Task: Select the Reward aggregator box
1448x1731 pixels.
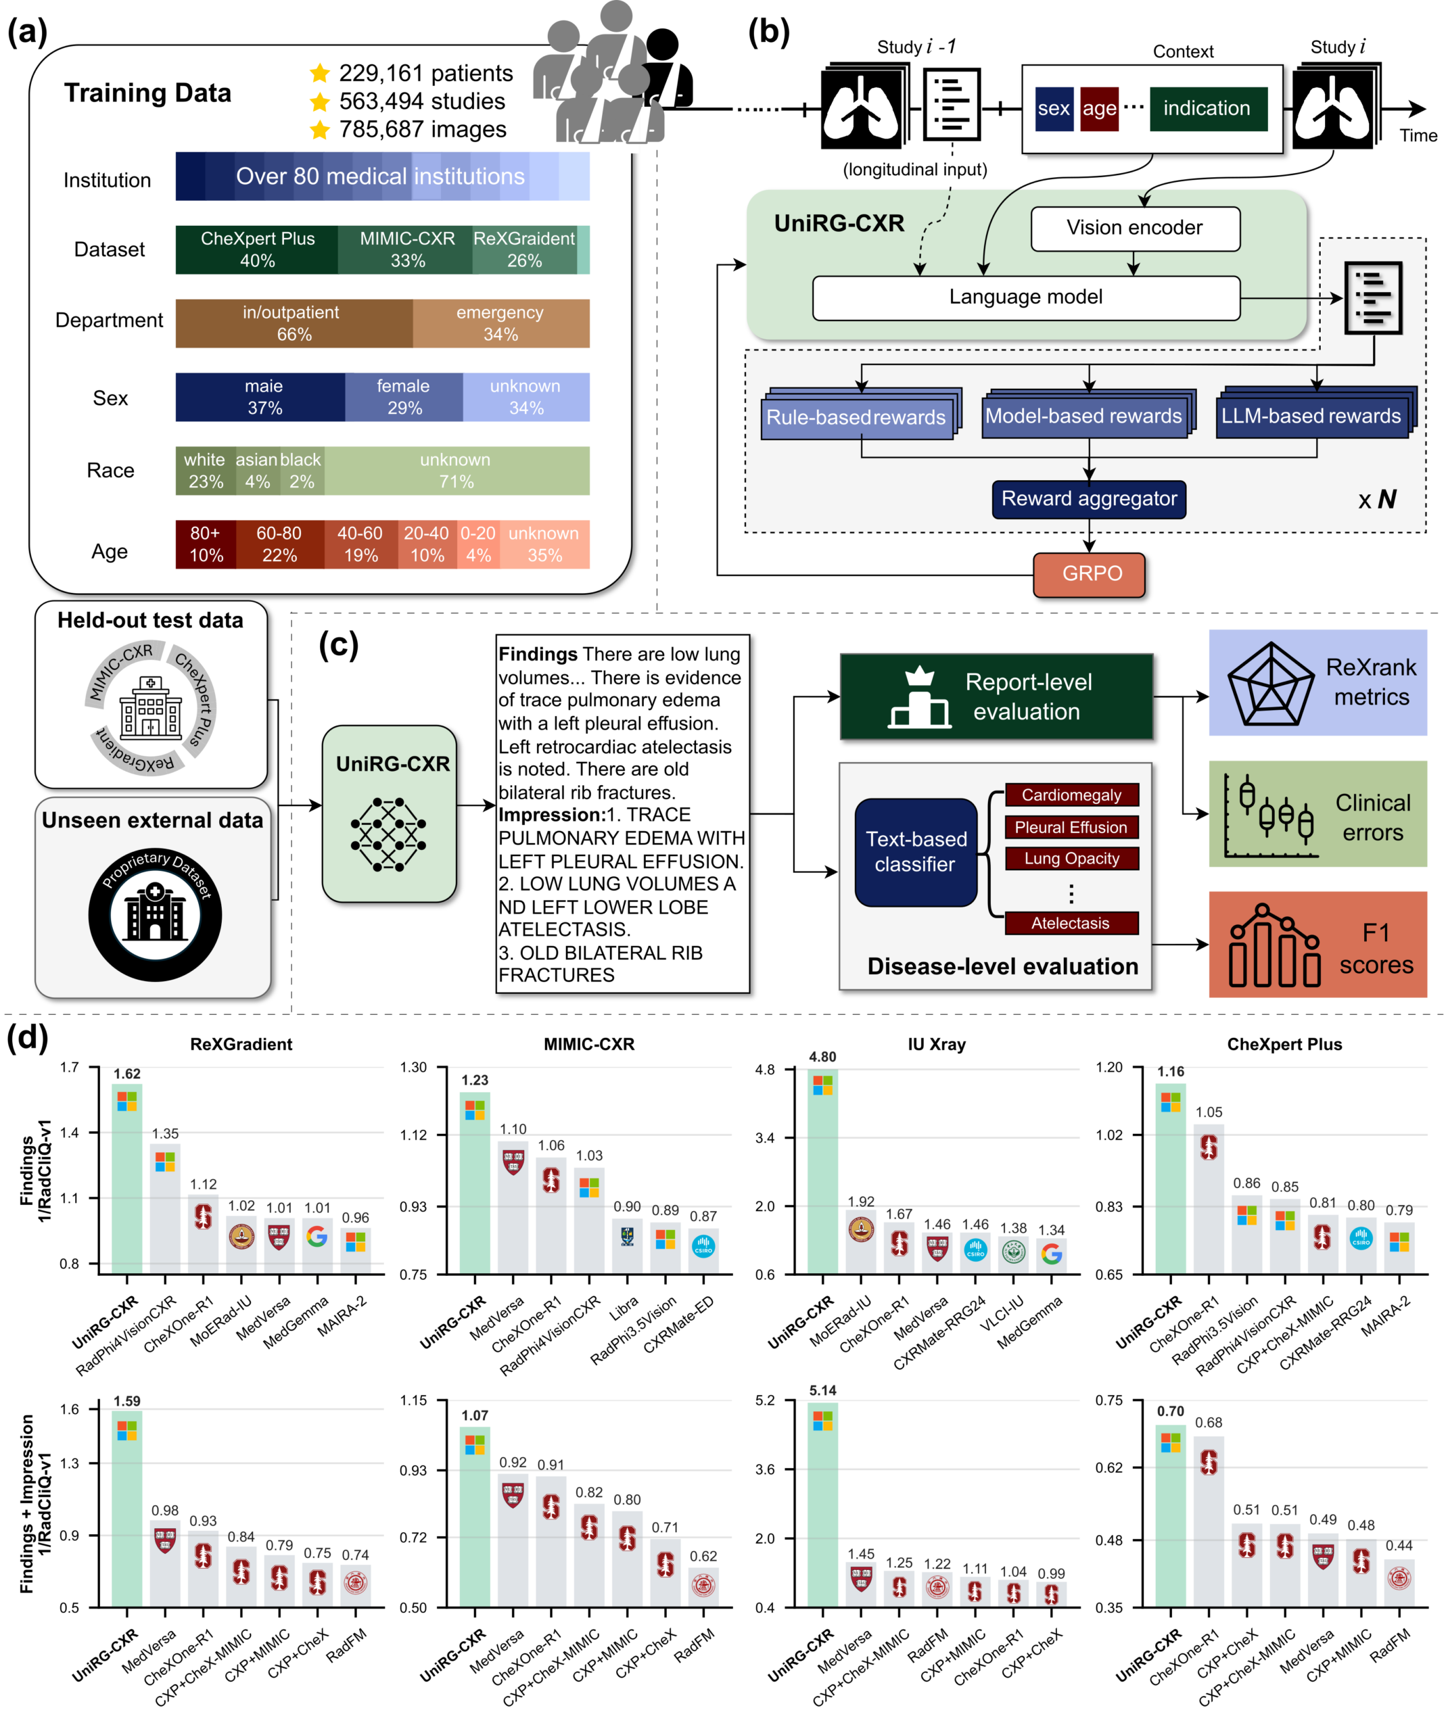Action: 1088,500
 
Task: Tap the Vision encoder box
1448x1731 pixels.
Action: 1135,229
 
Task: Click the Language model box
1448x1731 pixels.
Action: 1025,298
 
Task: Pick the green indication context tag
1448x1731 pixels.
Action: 1207,109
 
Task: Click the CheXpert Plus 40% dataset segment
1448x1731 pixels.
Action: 256,250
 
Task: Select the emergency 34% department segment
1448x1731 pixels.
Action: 500,323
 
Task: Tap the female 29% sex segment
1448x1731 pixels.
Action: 403,398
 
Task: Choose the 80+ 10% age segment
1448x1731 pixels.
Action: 206,545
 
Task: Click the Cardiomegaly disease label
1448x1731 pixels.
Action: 1071,795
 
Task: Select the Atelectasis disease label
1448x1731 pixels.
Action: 1071,923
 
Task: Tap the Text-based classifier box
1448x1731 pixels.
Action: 915,852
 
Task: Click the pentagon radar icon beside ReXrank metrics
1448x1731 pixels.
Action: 1270,684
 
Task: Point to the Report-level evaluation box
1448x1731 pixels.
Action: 996,696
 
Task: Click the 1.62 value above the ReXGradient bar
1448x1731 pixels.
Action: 127,1074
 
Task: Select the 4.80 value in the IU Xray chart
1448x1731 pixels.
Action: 822,1058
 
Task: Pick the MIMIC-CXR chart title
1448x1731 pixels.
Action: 589,1045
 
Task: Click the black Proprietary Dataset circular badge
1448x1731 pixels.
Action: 155,914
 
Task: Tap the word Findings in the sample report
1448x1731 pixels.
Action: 538,655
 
